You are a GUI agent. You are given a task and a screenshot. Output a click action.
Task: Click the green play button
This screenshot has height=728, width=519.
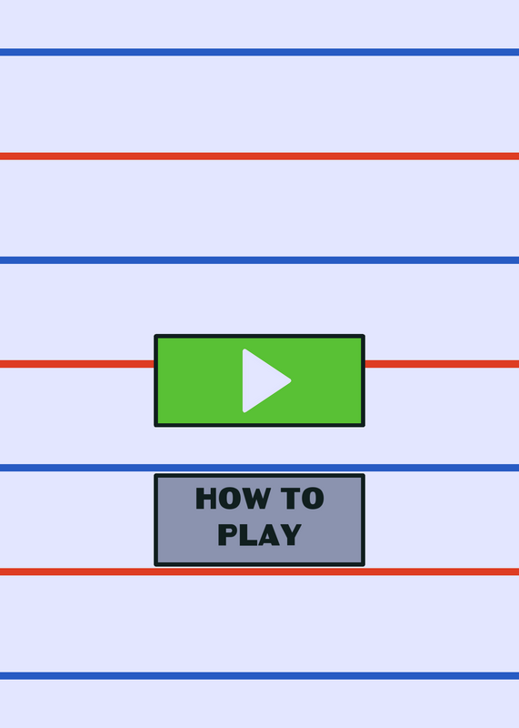(259, 380)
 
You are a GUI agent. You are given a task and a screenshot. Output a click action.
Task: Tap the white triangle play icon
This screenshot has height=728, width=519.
(264, 380)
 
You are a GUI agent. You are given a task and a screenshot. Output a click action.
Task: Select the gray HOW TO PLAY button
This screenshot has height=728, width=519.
(259, 520)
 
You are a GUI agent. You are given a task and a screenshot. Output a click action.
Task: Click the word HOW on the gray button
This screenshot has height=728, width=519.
(234, 498)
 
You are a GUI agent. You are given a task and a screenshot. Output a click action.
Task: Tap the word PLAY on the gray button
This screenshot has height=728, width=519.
(260, 534)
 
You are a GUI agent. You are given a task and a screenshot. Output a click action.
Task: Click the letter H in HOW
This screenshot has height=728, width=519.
(206, 498)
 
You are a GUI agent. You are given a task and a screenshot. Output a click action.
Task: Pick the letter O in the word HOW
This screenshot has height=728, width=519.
(228, 498)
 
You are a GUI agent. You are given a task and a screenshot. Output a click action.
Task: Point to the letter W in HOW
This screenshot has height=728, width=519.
(255, 498)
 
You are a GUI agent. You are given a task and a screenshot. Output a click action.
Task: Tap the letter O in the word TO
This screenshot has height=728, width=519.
(313, 498)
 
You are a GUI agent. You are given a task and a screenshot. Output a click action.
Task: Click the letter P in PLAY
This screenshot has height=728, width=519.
(227, 534)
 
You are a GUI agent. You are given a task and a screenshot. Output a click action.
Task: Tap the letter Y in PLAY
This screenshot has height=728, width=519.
(291, 534)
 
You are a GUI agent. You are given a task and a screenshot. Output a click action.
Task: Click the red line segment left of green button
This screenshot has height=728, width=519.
(77, 363)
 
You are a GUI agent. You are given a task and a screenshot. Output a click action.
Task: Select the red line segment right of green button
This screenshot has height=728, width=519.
(442, 363)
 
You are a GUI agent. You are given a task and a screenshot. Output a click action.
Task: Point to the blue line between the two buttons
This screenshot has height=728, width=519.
(259, 468)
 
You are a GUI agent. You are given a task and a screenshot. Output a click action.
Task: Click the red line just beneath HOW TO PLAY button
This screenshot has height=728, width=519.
(259, 571)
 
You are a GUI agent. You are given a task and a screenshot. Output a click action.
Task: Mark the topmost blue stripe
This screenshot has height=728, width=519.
(259, 52)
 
